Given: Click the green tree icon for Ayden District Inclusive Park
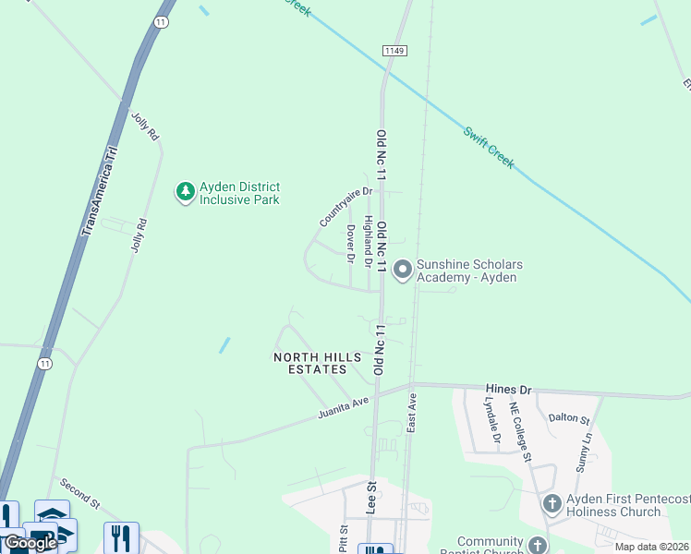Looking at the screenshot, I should (186, 192).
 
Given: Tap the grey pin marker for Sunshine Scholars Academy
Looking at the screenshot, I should (403, 270).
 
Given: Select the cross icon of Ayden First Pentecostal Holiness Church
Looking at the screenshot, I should (552, 504).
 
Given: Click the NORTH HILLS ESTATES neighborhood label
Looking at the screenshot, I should (310, 363).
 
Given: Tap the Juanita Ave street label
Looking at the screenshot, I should (343, 406).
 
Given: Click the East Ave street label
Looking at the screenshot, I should (413, 413).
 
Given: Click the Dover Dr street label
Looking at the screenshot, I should (350, 244).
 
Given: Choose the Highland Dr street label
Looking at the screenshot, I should (367, 242).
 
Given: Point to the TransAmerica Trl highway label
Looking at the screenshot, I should (100, 189).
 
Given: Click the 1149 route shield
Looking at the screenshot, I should (393, 50).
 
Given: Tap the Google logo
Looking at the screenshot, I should (30, 543).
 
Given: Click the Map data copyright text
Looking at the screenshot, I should (651, 547).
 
